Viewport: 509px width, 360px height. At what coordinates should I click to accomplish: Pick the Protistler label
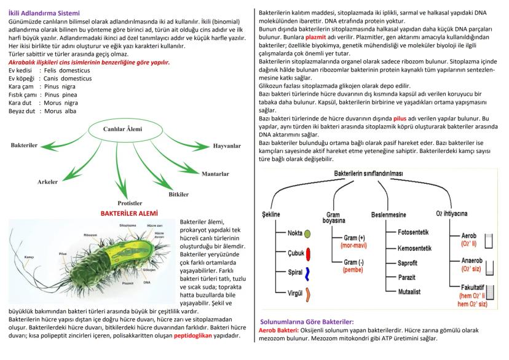tap(130, 202)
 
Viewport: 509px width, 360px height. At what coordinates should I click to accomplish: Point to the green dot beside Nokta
tap(307, 234)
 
